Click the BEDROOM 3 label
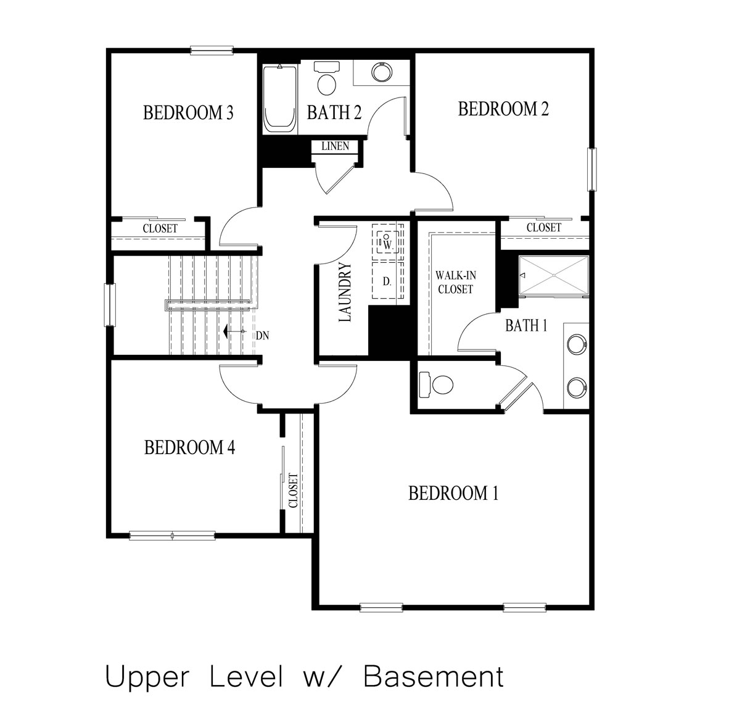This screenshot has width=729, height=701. tap(188, 113)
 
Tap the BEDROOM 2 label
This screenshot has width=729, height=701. tap(503, 109)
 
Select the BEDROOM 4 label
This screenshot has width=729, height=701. tap(189, 447)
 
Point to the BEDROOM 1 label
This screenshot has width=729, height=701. tap(453, 494)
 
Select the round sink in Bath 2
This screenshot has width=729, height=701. tap(382, 72)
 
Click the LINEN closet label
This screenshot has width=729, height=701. tap(335, 146)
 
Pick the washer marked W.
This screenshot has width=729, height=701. tap(387, 242)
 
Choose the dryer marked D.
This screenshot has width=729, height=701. tap(387, 281)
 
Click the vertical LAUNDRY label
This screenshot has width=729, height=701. tap(345, 292)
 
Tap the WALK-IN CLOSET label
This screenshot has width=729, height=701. tap(455, 282)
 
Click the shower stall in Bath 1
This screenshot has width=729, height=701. tap(554, 275)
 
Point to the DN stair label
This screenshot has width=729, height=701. tap(262, 336)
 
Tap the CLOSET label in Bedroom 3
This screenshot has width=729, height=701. tap(160, 228)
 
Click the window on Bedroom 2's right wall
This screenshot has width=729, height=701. tap(593, 169)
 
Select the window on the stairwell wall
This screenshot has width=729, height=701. tap(110, 304)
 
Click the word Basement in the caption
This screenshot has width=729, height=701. tap(434, 676)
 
